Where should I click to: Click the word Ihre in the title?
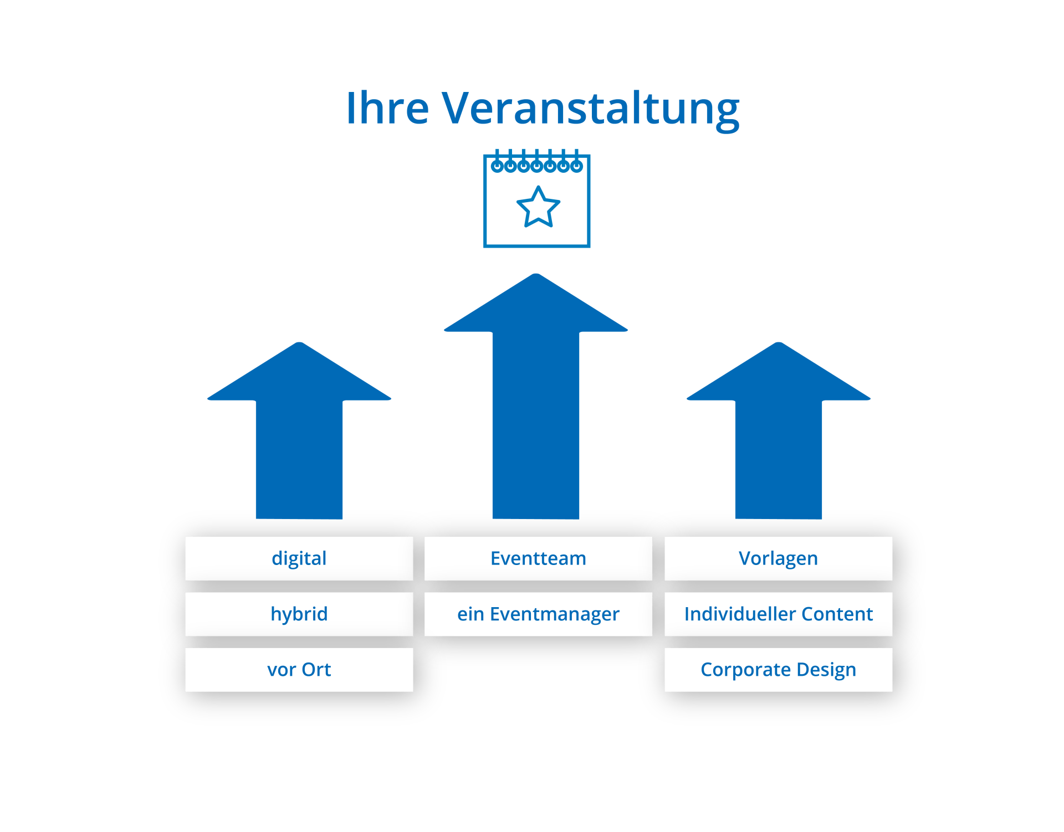coord(388,108)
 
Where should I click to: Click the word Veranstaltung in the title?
coord(590,109)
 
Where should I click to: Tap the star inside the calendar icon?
coord(538,208)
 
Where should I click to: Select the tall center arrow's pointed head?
coord(536,307)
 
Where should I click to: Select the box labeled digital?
coord(299,558)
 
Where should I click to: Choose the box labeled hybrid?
coord(299,614)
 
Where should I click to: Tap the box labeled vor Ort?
coord(299,670)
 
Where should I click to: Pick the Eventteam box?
coord(538,558)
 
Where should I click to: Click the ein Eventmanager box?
coord(538,614)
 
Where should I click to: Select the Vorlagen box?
coord(778,558)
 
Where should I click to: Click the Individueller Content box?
coord(778,614)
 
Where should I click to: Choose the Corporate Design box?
coord(778,670)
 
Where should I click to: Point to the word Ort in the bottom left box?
coord(316,670)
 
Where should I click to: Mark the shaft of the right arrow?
coord(779,460)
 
